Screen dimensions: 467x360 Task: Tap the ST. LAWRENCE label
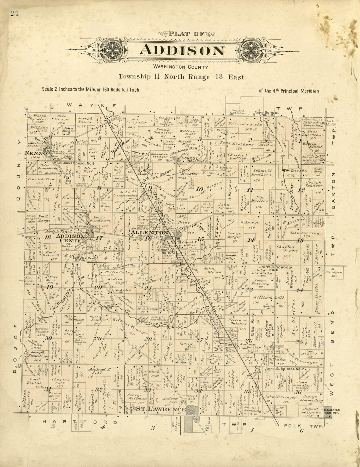point(161,409)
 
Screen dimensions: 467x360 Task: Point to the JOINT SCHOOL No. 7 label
point(284,369)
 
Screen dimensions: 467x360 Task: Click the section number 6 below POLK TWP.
point(301,431)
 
